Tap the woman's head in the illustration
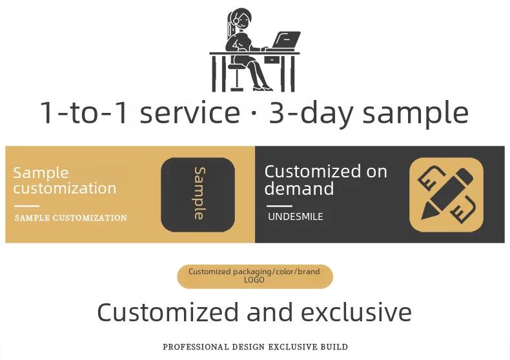point(241,19)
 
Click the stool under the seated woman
point(236,77)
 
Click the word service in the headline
point(190,112)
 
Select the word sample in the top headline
point(415,114)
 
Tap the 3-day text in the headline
point(311,113)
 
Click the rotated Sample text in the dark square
point(199,194)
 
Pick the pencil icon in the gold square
point(446,194)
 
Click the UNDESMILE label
point(295,217)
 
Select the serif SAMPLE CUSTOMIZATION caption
point(70,217)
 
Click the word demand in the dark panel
point(299,188)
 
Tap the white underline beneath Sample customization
point(26,206)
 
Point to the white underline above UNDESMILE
point(280,206)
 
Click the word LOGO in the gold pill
point(254,280)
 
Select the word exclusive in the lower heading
point(356,312)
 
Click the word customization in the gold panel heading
point(65,188)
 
